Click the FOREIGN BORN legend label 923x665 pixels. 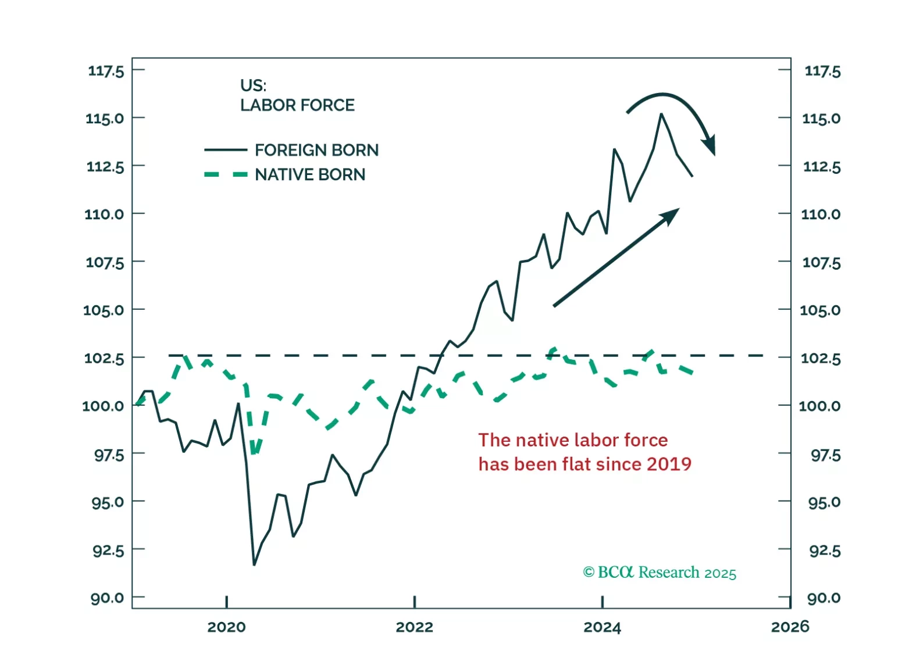click(x=316, y=150)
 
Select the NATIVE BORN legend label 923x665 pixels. click(x=310, y=174)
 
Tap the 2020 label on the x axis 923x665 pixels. click(x=226, y=627)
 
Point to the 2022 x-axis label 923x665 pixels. click(x=414, y=627)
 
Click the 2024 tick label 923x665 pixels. click(x=602, y=627)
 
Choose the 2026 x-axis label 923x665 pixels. click(x=790, y=627)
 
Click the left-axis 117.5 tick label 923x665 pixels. click(x=106, y=71)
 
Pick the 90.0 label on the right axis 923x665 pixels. click(x=824, y=598)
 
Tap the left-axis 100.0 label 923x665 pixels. click(x=103, y=406)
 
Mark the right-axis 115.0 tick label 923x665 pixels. click(x=821, y=119)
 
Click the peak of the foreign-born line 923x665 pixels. click(x=661, y=115)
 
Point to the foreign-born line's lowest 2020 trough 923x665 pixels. click(x=254, y=564)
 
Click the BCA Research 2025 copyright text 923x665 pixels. click(x=660, y=573)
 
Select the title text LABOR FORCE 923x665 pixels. click(x=297, y=105)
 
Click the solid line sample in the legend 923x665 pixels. click(x=226, y=150)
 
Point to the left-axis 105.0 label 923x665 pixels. click(x=104, y=310)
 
